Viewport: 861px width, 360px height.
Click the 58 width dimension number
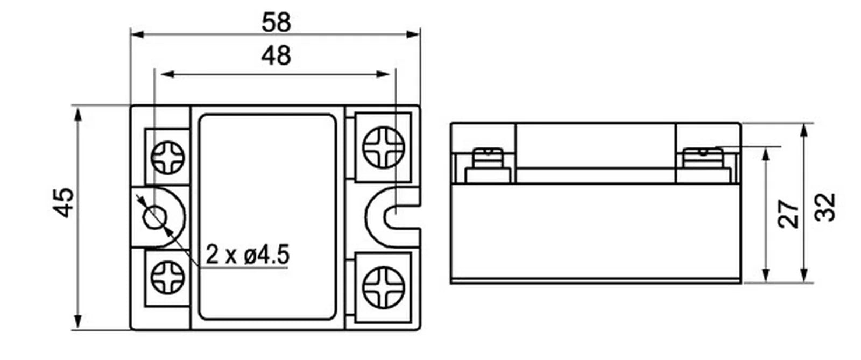(x=276, y=22)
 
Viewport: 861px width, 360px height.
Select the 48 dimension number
(x=276, y=56)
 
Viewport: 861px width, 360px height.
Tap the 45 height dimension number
(x=63, y=202)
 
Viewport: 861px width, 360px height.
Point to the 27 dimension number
(x=788, y=214)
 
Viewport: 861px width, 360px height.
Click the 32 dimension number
(x=825, y=208)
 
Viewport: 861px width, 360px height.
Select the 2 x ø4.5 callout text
(x=247, y=255)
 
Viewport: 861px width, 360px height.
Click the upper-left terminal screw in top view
(x=167, y=158)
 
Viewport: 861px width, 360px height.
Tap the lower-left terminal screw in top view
(x=167, y=277)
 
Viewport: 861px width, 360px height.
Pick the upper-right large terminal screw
(x=384, y=147)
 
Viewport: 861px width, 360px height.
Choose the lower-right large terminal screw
(x=384, y=287)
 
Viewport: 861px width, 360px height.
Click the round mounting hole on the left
(x=154, y=217)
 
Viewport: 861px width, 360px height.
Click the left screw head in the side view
(x=488, y=158)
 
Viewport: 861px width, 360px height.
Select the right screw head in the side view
(x=703, y=158)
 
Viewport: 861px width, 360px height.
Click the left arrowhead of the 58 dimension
(x=137, y=34)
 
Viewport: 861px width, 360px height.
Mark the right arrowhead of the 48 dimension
(x=383, y=74)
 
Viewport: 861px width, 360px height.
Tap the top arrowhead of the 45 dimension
(x=78, y=115)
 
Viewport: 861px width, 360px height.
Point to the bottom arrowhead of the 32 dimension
(x=804, y=275)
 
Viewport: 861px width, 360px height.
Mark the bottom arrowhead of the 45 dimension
(x=78, y=321)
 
